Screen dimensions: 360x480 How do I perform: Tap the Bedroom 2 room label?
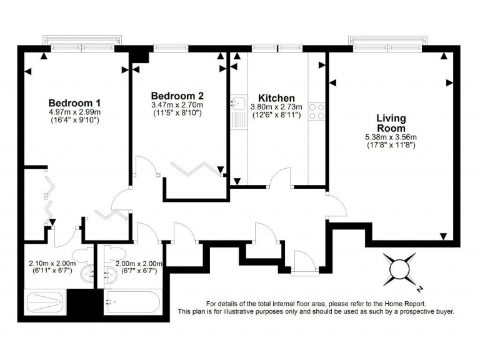[177, 96]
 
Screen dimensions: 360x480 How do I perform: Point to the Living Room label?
[391, 123]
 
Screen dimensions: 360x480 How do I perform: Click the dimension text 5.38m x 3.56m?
[391, 137]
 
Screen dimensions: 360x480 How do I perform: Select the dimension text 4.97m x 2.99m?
[74, 112]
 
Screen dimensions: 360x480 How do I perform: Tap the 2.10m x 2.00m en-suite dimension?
[52, 264]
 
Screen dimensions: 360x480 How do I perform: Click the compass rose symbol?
[400, 268]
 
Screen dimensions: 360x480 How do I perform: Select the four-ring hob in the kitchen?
[317, 111]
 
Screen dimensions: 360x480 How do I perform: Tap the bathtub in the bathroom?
[132, 303]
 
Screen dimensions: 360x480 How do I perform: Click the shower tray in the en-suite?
[45, 303]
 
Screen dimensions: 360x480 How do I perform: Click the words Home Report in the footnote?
[394, 303]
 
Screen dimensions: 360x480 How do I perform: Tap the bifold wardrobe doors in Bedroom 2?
[196, 168]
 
